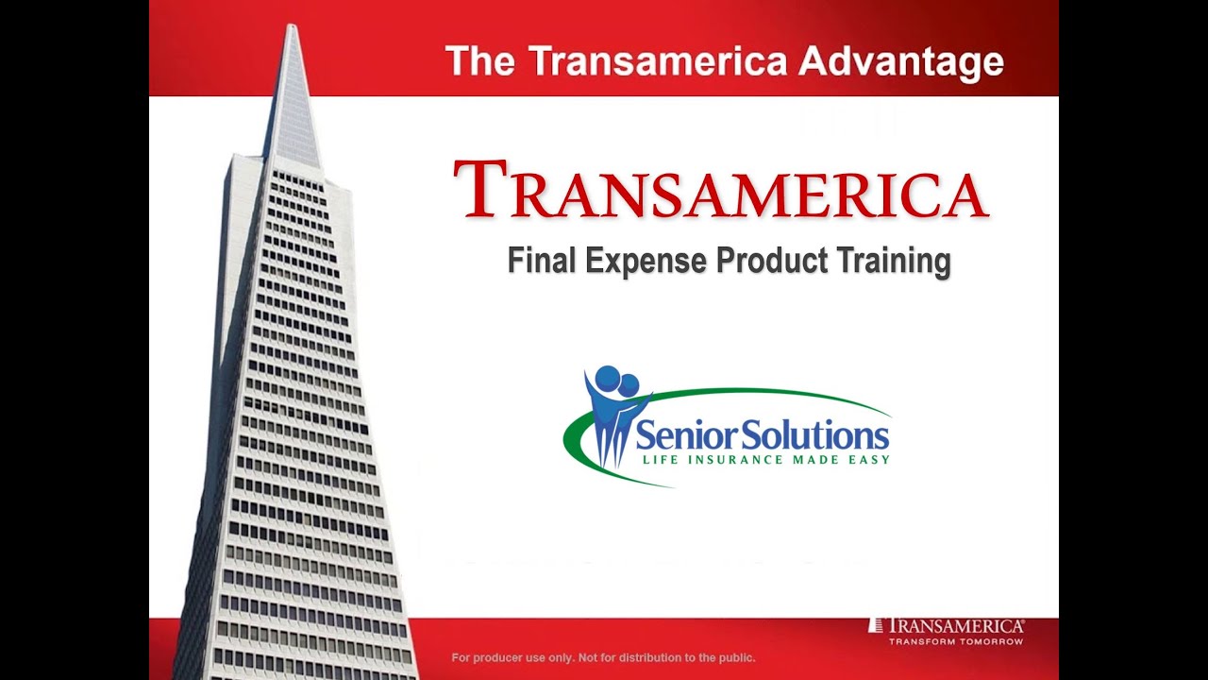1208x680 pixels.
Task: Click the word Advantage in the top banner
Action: pyautogui.click(x=900, y=61)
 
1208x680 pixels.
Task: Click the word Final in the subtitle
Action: pyautogui.click(x=542, y=260)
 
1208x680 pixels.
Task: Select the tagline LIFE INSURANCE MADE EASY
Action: pyautogui.click(x=765, y=460)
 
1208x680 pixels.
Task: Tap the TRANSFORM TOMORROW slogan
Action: pyautogui.click(x=956, y=641)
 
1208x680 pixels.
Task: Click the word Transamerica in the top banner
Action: pyautogui.click(x=657, y=61)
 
